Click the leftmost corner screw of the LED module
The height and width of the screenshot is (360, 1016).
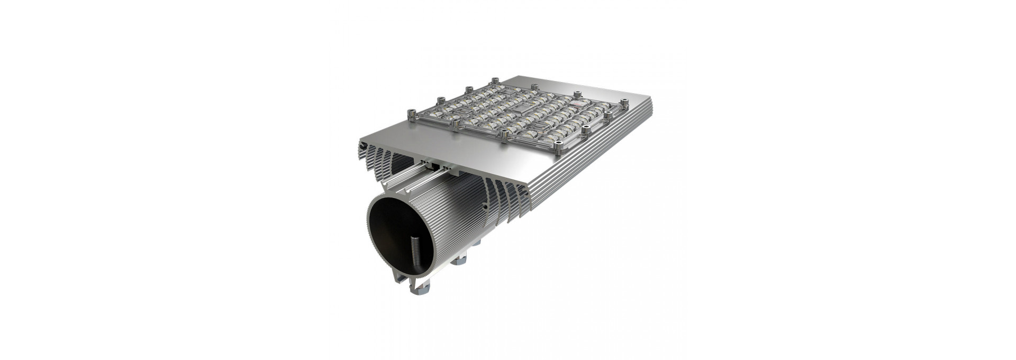point(410,114)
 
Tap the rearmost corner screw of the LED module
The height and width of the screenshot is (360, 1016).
point(495,81)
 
